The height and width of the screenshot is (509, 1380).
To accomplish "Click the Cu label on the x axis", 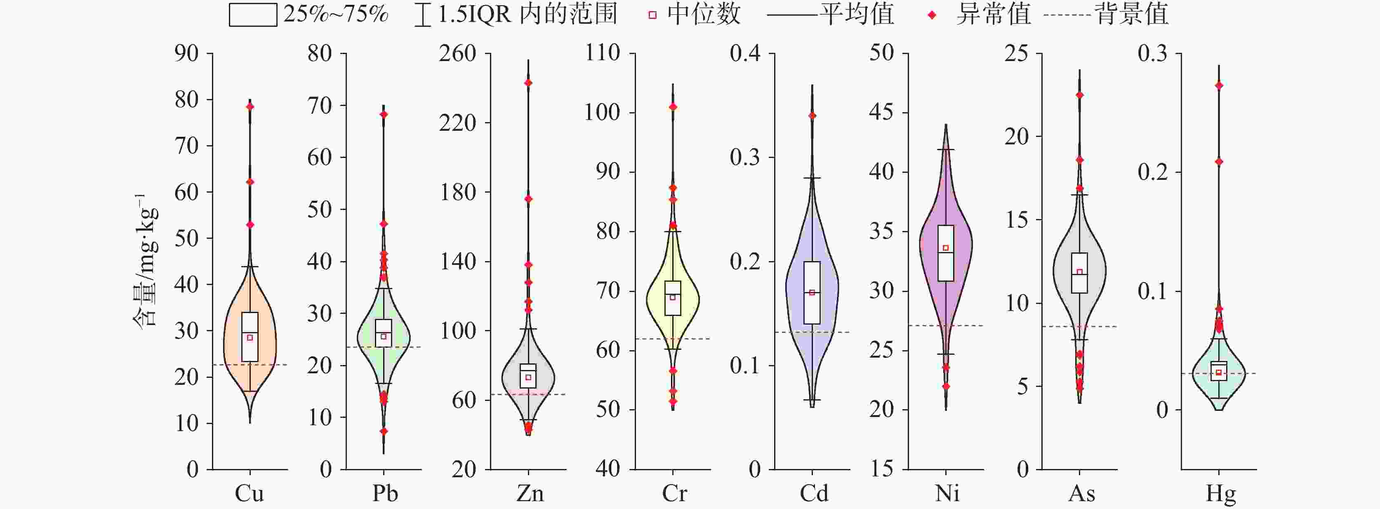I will click(x=249, y=493).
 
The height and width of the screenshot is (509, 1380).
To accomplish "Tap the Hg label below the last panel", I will click(x=1221, y=493).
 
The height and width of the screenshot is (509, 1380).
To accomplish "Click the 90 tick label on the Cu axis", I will click(x=186, y=54).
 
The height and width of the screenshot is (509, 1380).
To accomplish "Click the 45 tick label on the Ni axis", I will click(x=882, y=113).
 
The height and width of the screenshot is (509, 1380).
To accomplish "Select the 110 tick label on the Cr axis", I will click(x=603, y=54).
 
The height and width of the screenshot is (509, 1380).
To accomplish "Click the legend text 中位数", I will click(x=703, y=14).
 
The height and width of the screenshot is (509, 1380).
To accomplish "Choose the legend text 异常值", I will click(x=993, y=14).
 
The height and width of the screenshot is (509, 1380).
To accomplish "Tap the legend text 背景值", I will click(x=1131, y=14).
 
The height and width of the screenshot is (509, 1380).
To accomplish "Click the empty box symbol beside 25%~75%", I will click(x=253, y=15).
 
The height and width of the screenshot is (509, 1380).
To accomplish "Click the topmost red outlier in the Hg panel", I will click(x=1219, y=86).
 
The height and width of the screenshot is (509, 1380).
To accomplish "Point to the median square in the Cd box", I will click(x=812, y=292).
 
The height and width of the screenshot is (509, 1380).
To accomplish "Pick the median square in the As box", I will click(x=1079, y=272).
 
